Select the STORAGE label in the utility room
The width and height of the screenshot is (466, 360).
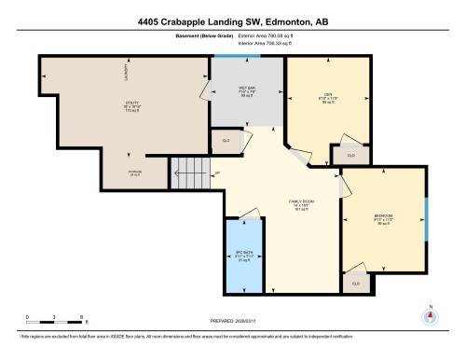136,171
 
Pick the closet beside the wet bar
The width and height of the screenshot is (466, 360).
226,141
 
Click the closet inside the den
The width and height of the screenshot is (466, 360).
350,154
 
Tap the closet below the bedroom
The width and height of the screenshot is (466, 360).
355,281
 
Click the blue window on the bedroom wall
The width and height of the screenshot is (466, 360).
426,219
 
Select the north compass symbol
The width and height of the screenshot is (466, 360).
431,314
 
